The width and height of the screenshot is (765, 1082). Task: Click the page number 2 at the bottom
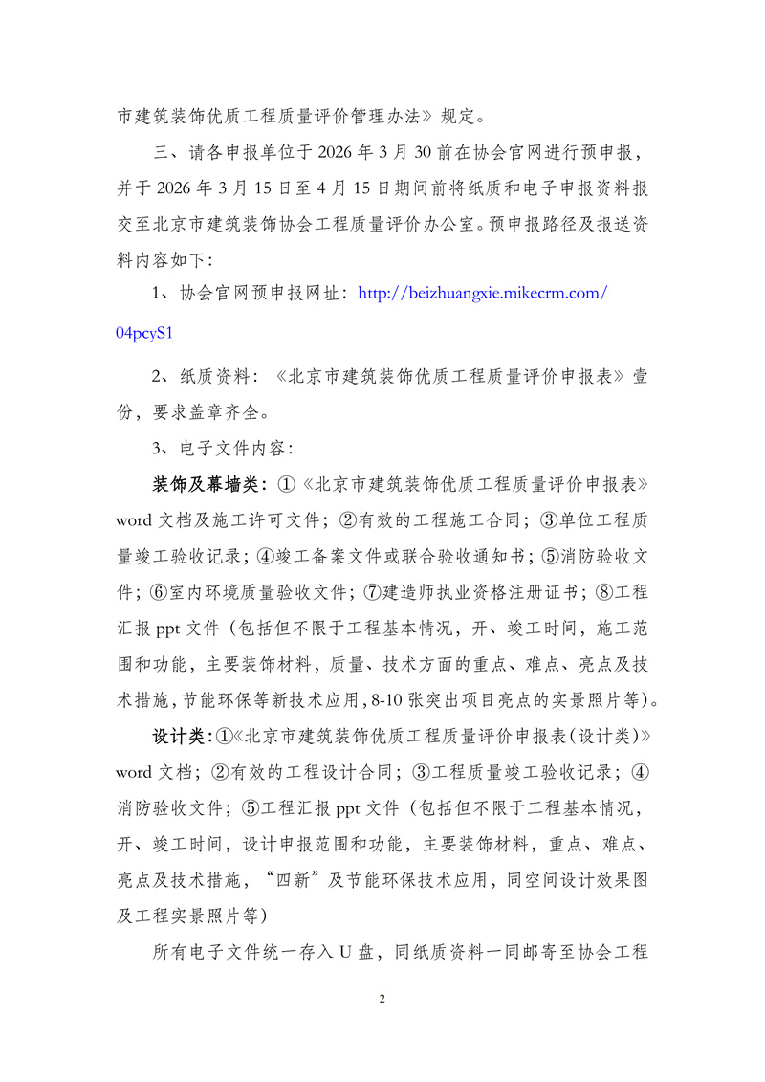click(382, 1000)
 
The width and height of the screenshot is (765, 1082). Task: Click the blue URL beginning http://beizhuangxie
click(482, 294)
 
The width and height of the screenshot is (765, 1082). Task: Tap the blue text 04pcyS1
click(143, 334)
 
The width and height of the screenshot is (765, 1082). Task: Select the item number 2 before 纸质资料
click(159, 376)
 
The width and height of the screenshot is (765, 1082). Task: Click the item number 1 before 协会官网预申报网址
click(159, 294)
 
